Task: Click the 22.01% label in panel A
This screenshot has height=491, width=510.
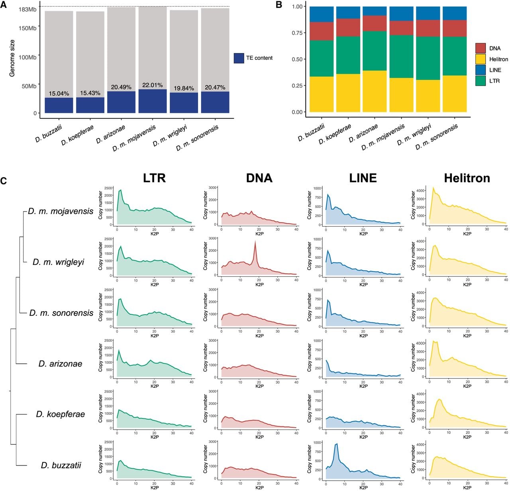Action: pyautogui.click(x=152, y=85)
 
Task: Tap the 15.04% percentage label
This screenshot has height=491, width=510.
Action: pyautogui.click(x=59, y=93)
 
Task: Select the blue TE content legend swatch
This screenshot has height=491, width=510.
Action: pyautogui.click(x=239, y=58)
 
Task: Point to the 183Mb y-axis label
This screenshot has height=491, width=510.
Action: pyautogui.click(x=27, y=10)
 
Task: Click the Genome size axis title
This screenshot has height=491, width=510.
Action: pyautogui.click(x=12, y=58)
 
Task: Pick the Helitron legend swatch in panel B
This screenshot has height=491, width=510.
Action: pyautogui.click(x=481, y=59)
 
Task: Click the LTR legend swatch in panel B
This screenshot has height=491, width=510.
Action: pyautogui.click(x=481, y=81)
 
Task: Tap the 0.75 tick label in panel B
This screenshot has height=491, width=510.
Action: pyautogui.click(x=297, y=33)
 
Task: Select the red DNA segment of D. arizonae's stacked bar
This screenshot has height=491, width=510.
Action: pyautogui.click(x=375, y=24)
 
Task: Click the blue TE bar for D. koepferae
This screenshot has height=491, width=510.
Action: pyautogui.click(x=90, y=105)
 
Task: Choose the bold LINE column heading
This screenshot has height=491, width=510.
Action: pyautogui.click(x=363, y=178)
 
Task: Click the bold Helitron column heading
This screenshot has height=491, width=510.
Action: pyautogui.click(x=467, y=178)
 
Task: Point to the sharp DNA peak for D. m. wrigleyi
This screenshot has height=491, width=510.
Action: pyautogui.click(x=255, y=241)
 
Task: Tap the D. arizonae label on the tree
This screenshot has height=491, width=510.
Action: pyautogui.click(x=60, y=363)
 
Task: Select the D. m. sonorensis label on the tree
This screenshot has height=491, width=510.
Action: pyautogui.click(x=61, y=313)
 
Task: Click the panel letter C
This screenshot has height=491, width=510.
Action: pyautogui.click(x=4, y=181)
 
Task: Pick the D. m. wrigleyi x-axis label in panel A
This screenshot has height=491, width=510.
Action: pyautogui.click(x=170, y=136)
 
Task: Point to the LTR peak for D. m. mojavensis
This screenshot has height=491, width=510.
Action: pyautogui.click(x=120, y=191)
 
